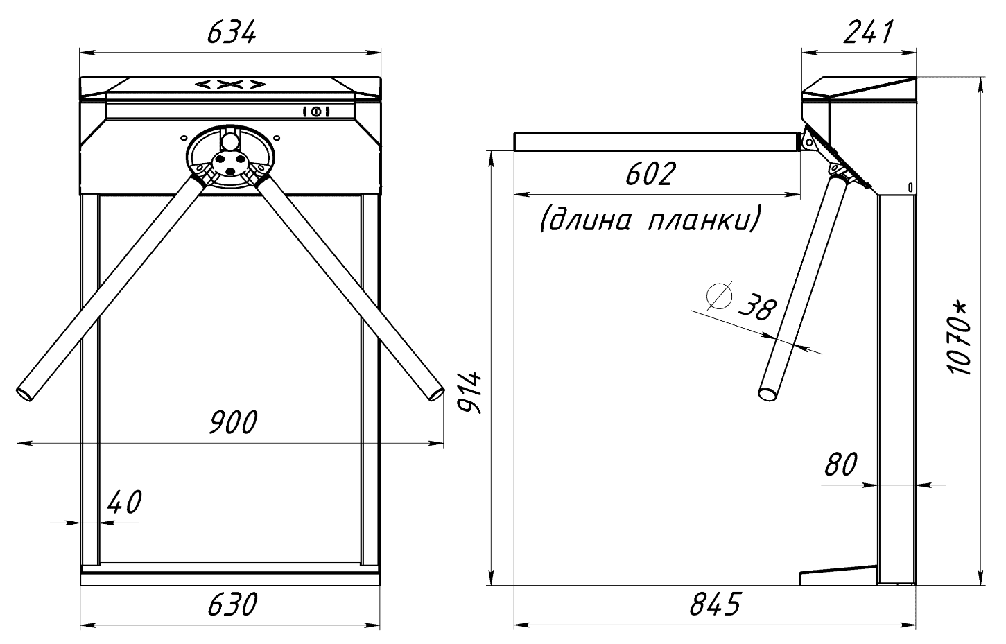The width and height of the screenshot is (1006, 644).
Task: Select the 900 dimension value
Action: pyautogui.click(x=233, y=422)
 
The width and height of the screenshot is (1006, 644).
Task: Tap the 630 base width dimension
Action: pyautogui.click(x=232, y=604)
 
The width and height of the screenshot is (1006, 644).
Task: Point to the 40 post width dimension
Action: pyautogui.click(x=125, y=502)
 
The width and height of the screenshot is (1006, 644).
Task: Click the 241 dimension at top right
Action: pyautogui.click(x=868, y=33)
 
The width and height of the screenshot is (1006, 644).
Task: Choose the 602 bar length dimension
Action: pyautogui.click(x=651, y=174)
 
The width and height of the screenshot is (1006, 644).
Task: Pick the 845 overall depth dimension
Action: pyautogui.click(x=716, y=604)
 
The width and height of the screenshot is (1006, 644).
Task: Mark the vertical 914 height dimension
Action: pyautogui.click(x=469, y=392)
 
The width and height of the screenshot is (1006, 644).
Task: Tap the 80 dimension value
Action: pyautogui.click(x=841, y=464)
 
